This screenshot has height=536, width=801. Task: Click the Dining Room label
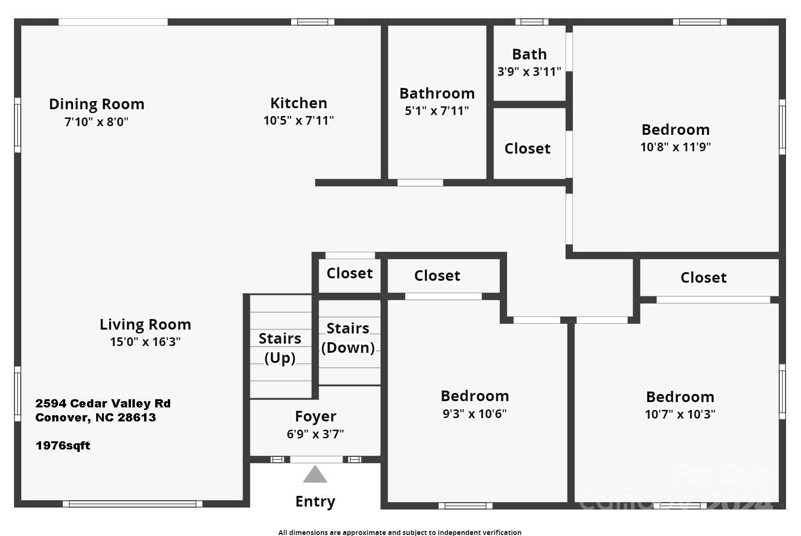click(97, 104)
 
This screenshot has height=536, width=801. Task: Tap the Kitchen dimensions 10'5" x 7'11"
click(298, 120)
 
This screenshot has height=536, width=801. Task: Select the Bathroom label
click(437, 93)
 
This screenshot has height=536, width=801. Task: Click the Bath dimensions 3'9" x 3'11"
click(529, 72)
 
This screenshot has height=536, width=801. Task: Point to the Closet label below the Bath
click(527, 148)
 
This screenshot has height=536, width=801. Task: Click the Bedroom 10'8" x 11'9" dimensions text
click(675, 147)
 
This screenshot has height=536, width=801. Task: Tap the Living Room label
click(145, 324)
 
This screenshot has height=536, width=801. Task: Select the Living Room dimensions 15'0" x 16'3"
click(145, 342)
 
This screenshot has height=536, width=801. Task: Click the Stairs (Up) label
click(280, 348)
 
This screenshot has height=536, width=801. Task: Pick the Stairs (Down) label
click(348, 338)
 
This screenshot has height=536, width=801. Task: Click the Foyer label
click(315, 416)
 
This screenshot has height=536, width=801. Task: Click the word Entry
click(315, 501)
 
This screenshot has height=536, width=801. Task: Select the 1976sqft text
click(63, 446)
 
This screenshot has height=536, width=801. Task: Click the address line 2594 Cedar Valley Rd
click(102, 404)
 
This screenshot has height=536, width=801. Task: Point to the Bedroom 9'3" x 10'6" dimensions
click(474, 414)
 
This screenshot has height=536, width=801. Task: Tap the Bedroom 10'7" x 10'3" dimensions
click(680, 414)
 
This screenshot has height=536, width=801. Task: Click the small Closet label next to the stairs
click(350, 273)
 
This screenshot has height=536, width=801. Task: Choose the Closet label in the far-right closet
click(703, 277)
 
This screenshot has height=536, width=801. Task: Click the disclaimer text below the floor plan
click(400, 532)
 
